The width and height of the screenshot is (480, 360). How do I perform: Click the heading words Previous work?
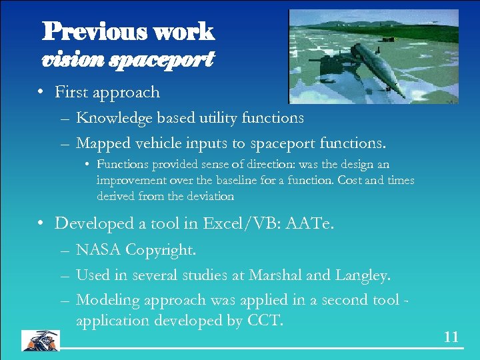coord(128,31)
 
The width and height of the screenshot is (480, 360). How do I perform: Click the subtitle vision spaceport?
coord(127,60)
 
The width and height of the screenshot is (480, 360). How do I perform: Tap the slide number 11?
coord(451,337)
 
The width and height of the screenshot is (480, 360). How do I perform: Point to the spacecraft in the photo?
coord(376,67)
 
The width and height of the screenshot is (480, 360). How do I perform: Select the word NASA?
coord(99,251)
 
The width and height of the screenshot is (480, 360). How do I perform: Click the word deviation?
coord(211,196)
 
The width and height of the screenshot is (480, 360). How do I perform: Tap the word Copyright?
coord(160,251)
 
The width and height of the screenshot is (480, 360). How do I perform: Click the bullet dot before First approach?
coord(41,93)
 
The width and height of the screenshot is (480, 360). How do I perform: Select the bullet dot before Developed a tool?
coord(41,224)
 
